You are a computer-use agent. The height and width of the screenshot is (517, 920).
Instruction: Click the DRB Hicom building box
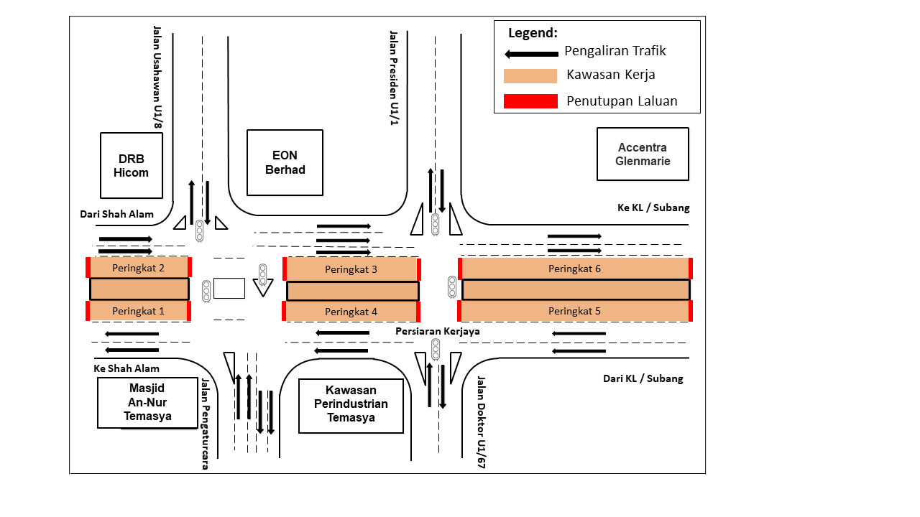tap(132, 165)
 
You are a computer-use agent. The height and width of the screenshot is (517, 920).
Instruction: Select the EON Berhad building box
tap(285, 162)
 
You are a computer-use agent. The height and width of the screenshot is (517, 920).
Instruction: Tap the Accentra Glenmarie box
tap(643, 154)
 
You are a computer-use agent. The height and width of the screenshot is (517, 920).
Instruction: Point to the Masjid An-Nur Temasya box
tap(147, 403)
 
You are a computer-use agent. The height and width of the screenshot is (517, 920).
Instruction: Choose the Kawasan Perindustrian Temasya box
tap(351, 406)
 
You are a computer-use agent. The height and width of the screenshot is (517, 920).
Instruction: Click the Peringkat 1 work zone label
tap(138, 311)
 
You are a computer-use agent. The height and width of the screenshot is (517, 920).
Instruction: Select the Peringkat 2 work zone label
tap(138, 268)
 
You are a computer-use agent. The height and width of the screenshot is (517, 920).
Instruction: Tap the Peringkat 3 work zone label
tap(351, 269)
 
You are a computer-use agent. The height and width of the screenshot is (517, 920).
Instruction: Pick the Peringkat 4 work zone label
tap(351, 312)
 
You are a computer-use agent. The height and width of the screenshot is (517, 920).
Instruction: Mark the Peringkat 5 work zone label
tap(574, 311)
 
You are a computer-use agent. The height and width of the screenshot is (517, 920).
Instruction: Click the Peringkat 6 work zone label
tap(574, 269)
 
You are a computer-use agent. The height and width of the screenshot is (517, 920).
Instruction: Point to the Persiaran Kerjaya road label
tap(437, 332)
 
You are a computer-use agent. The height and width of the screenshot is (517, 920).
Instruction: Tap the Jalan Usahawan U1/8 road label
tap(157, 78)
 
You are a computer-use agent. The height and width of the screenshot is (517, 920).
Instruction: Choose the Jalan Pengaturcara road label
tap(205, 424)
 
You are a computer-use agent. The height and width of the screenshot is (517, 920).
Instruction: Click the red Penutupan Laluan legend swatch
tap(530, 101)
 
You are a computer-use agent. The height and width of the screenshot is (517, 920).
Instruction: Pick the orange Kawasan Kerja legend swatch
tap(530, 75)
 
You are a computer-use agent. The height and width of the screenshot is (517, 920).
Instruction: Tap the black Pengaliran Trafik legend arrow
tap(531, 53)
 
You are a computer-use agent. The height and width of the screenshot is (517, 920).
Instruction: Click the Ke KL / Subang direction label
tap(653, 208)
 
